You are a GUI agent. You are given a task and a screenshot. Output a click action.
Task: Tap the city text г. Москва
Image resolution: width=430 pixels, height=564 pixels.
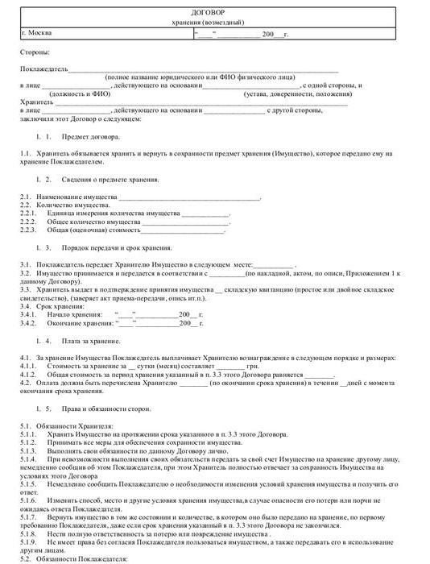(39, 34)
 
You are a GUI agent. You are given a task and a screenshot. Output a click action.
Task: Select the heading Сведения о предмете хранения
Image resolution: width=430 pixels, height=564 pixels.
(111, 179)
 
